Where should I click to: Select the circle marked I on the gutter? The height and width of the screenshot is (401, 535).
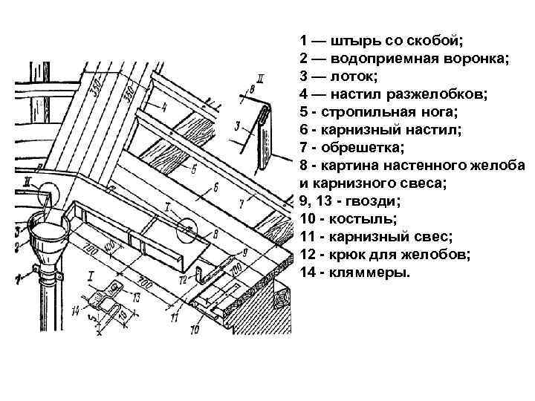point(187,229)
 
